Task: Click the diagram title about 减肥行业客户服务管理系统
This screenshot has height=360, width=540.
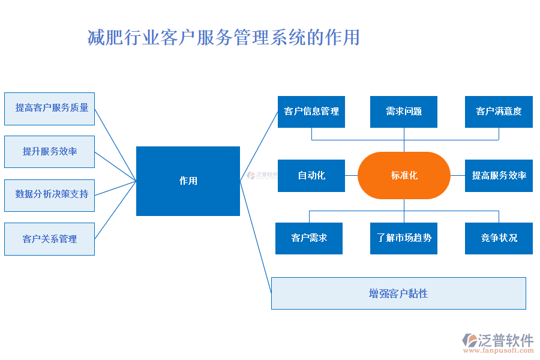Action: [x=223, y=38]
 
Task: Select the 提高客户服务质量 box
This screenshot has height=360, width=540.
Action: [x=49, y=109]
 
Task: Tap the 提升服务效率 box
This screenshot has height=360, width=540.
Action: [x=49, y=152]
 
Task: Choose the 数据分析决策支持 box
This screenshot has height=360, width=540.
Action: [x=49, y=195]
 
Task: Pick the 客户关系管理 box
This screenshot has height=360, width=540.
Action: [x=49, y=239]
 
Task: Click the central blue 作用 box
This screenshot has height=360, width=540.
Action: [x=188, y=181]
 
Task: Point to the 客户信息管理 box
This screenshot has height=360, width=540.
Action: [x=311, y=112]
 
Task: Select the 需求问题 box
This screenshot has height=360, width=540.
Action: [x=404, y=112]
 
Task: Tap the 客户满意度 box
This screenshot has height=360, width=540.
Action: [x=499, y=112]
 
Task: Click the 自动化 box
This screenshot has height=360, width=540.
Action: [x=311, y=176]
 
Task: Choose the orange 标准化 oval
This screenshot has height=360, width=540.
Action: [x=404, y=175]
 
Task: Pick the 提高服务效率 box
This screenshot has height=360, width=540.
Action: [x=499, y=176]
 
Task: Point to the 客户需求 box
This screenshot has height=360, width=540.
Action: [x=309, y=238]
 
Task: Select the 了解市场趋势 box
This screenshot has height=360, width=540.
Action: [x=404, y=238]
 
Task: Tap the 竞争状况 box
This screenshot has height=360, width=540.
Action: [x=499, y=238]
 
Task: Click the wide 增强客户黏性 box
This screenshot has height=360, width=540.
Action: [x=398, y=293]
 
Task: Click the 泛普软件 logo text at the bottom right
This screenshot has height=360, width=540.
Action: [x=506, y=340]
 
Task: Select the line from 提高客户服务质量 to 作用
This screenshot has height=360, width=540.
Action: [x=116, y=145]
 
